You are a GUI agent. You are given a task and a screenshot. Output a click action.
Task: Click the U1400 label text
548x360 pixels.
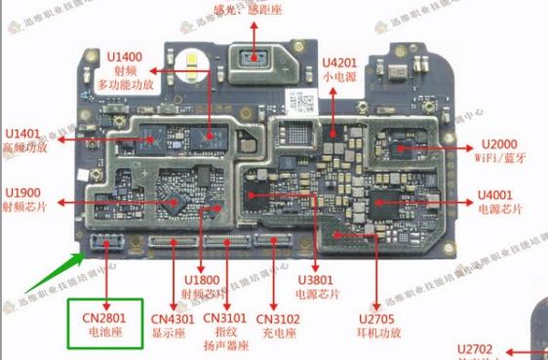(x=124, y=58)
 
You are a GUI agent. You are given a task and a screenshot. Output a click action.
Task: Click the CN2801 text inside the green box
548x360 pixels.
(x=102, y=317)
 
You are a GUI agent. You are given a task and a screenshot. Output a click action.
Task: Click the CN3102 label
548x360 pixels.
(x=279, y=318)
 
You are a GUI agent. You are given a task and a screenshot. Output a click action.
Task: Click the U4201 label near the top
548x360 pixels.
(x=341, y=59)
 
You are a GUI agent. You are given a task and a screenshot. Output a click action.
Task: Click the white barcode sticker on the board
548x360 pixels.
(x=303, y=100)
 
